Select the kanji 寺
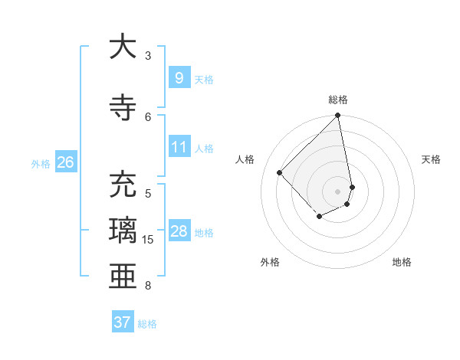point(122,106)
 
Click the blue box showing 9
point(179,77)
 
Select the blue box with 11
point(179,147)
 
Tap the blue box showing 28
point(179,231)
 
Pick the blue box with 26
point(66,162)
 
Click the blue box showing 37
point(122,322)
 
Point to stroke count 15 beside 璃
point(148,240)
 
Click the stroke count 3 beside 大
point(148,55)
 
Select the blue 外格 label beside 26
point(41,163)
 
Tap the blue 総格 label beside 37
point(147,324)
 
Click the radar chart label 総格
point(338,100)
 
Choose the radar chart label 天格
point(431,159)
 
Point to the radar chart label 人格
point(245,159)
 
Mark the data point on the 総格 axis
point(338,116)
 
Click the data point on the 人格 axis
point(280,172)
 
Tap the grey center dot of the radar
point(338,191)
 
